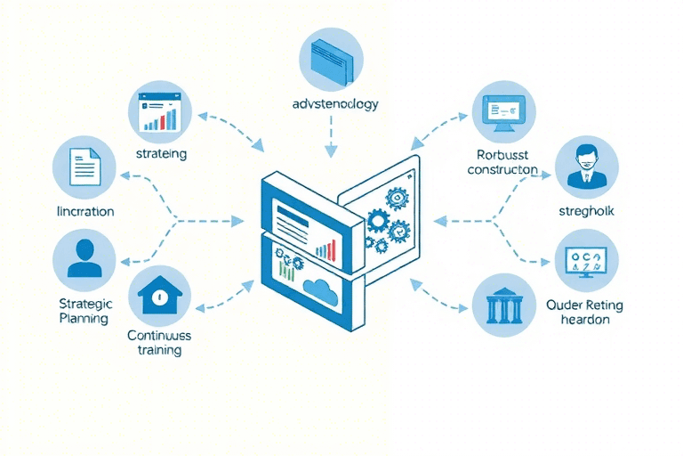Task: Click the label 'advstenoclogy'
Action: pyautogui.click(x=334, y=104)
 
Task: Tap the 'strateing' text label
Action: pyautogui.click(x=161, y=153)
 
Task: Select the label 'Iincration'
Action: pyautogui.click(x=84, y=212)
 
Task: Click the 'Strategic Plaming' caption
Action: pyautogui.click(x=84, y=311)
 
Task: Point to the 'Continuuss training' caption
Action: pyautogui.click(x=159, y=343)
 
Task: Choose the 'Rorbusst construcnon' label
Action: pyautogui.click(x=502, y=160)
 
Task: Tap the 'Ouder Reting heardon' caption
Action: pyautogui.click(x=584, y=312)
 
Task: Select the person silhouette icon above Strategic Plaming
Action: pyautogui.click(x=84, y=256)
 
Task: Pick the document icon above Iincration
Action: pyautogui.click(x=85, y=167)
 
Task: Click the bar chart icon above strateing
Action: pyautogui.click(x=161, y=110)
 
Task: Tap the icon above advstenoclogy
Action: pyautogui.click(x=333, y=57)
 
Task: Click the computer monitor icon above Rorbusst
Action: pyautogui.click(x=503, y=112)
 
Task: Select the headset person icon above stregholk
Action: pyautogui.click(x=586, y=166)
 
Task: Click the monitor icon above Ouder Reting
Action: pyautogui.click(x=586, y=261)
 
